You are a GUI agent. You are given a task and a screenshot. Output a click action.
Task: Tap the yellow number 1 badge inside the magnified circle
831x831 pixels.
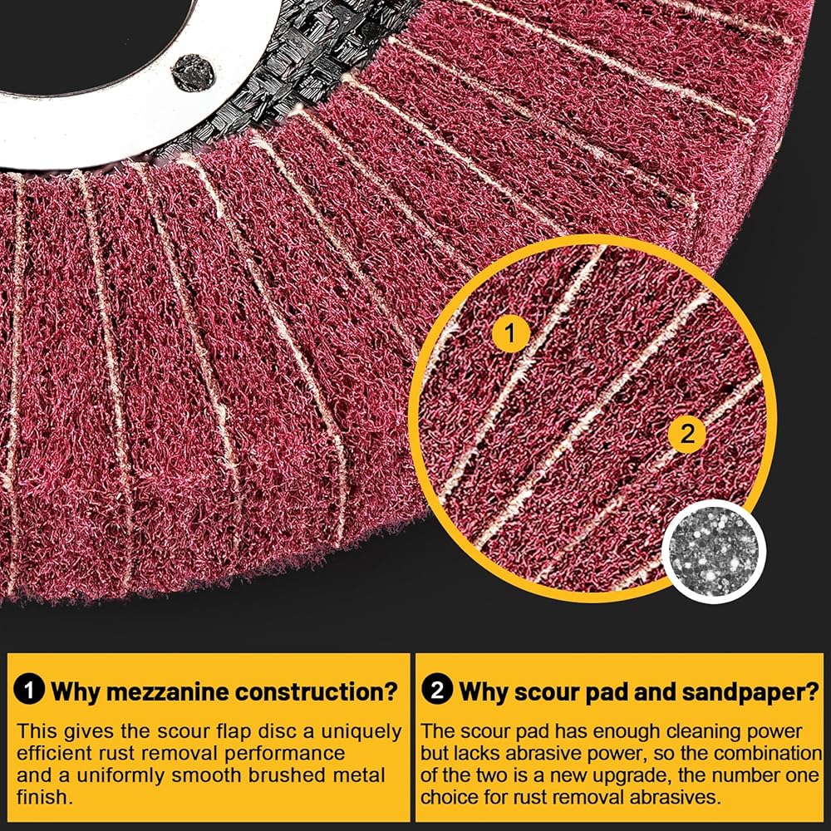click(512, 334)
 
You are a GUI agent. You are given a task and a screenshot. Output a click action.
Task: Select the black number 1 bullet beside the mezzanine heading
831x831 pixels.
click(31, 691)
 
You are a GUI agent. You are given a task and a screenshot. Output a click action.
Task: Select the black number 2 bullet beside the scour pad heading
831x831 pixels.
click(437, 691)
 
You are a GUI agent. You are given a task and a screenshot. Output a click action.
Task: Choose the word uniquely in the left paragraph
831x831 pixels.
click(354, 732)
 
